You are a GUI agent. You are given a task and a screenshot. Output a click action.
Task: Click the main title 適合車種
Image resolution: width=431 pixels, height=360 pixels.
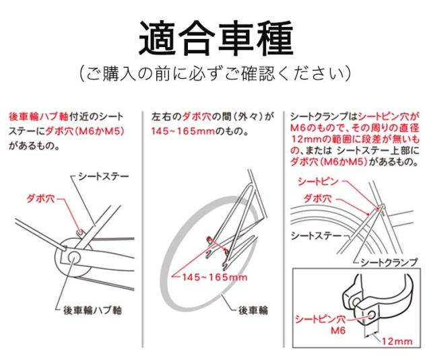(216, 38)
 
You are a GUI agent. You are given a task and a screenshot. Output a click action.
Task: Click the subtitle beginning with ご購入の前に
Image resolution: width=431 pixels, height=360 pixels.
(215, 73)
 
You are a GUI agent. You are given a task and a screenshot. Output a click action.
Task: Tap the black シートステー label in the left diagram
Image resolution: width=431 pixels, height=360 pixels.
(103, 176)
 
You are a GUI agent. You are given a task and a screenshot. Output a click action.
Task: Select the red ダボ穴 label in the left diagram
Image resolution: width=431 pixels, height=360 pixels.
(40, 199)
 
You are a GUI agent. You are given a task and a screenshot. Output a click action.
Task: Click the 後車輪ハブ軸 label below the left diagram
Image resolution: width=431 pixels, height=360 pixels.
(92, 310)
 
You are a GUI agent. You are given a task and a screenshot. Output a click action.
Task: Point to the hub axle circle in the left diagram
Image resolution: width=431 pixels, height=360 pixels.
(73, 257)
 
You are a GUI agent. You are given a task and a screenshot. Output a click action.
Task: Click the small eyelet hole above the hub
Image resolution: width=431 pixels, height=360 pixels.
(80, 232)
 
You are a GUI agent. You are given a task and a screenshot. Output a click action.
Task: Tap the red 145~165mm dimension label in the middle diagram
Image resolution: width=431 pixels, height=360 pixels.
(214, 277)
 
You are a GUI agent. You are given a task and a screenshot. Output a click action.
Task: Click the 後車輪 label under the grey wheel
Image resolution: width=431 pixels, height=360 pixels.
(253, 310)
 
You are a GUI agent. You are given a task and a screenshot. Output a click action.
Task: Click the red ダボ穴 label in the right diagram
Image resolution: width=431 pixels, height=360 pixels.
(317, 199)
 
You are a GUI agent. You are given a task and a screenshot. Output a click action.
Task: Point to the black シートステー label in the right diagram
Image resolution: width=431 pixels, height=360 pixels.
(316, 236)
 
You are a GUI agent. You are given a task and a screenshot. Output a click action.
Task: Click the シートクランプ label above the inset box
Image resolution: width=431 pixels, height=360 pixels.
(389, 262)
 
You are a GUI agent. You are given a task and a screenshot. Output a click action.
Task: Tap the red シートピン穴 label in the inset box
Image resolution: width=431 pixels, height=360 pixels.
(321, 319)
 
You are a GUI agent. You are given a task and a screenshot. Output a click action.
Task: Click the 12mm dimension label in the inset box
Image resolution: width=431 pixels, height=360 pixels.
(397, 341)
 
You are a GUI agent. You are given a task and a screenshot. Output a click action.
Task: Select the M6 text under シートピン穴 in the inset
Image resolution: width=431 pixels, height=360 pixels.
(338, 330)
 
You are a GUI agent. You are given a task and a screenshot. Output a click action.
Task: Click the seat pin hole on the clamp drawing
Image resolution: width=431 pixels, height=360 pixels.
(372, 315)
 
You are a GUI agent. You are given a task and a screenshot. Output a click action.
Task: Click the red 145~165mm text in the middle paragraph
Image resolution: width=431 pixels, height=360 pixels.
(183, 131)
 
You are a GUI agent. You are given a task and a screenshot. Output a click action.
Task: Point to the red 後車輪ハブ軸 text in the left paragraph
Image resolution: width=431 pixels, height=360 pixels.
(38, 116)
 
